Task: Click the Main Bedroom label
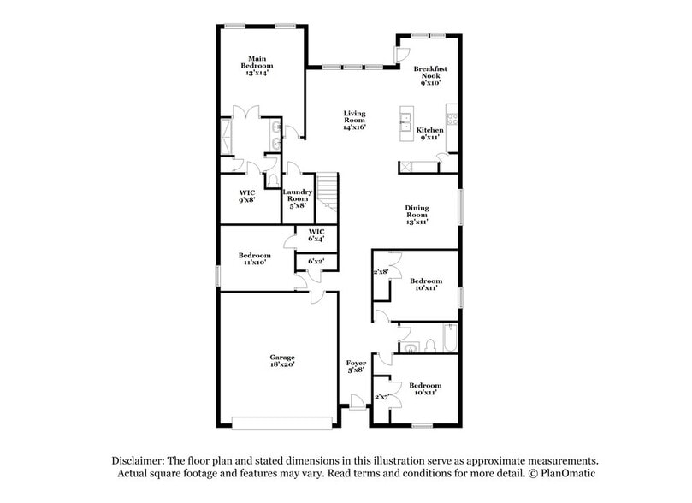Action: [x=256, y=66]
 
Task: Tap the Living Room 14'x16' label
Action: [x=354, y=121]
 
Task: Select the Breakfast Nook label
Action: [x=430, y=75]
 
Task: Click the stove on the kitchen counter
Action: [x=452, y=115]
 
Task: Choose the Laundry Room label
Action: [x=297, y=198]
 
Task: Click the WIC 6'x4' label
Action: [x=316, y=235]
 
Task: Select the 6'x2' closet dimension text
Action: [x=316, y=260]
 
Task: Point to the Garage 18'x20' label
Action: [x=282, y=360]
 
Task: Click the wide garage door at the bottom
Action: [x=282, y=423]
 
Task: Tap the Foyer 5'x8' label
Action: [x=355, y=367]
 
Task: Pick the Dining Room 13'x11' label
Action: [x=417, y=214]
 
